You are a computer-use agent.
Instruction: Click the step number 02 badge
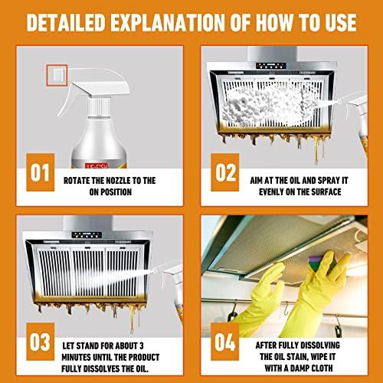pyautogui.click(x=225, y=172)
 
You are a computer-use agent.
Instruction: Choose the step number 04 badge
pyautogui.click(x=225, y=339)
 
